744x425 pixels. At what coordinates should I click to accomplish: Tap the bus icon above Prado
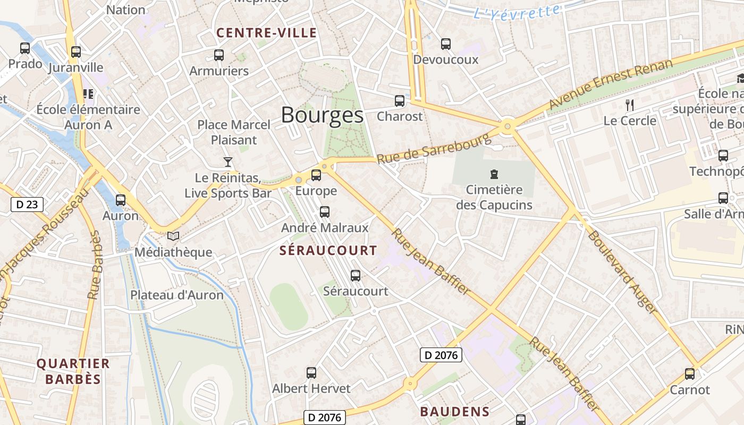(x=25, y=48)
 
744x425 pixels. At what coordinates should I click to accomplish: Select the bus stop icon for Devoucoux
(x=446, y=44)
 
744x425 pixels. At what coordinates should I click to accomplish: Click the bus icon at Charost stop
(x=400, y=101)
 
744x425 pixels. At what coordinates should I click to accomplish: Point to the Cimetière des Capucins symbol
(x=494, y=174)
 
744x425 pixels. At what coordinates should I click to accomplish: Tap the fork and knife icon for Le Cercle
(x=630, y=105)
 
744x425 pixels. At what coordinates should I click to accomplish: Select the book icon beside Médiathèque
(x=173, y=236)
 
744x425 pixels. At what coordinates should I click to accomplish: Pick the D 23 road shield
(x=27, y=205)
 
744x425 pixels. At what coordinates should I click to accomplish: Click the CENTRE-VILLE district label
(x=267, y=33)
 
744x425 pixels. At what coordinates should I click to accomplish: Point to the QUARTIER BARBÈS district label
(x=73, y=371)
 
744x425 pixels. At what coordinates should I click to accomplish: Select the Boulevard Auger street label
(x=622, y=271)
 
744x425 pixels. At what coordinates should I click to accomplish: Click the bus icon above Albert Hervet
(x=311, y=373)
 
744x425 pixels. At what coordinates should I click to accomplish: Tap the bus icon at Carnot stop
(x=690, y=374)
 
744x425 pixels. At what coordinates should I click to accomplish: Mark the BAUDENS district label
(x=455, y=412)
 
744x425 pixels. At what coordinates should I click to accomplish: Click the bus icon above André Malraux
(x=325, y=212)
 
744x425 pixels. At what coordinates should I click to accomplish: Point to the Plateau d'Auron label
(x=177, y=295)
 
